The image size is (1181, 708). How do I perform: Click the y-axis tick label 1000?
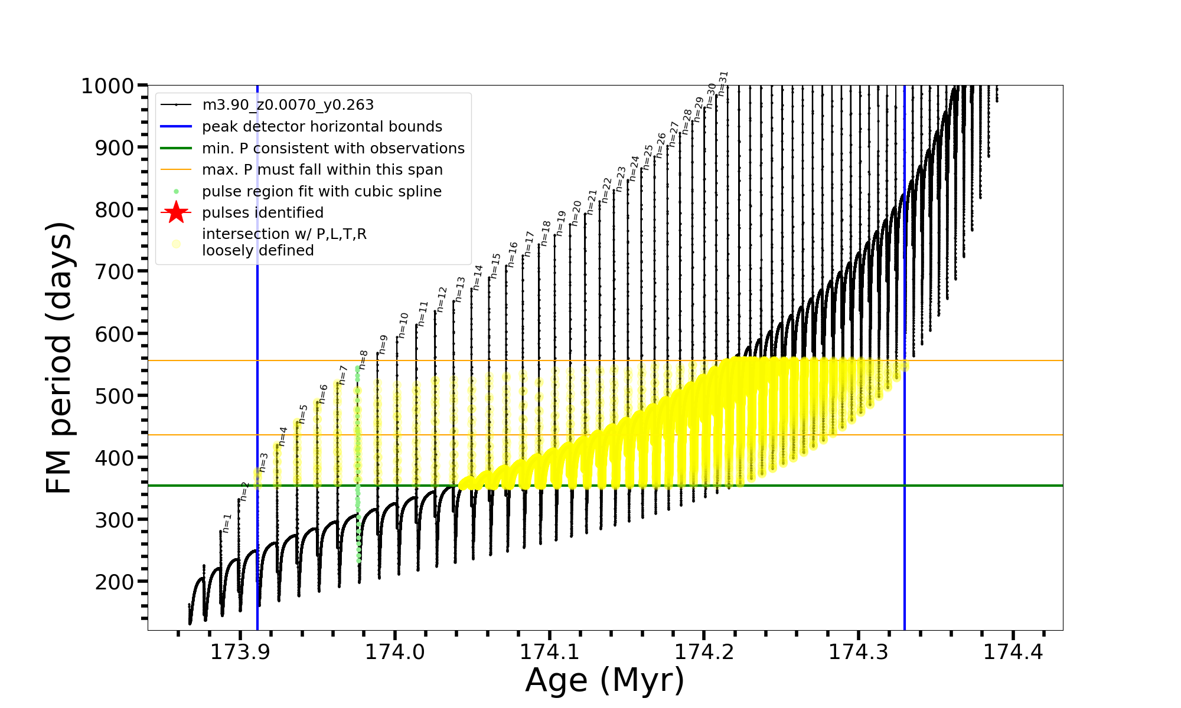click(x=107, y=86)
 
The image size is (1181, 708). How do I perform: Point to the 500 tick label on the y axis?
click(x=115, y=396)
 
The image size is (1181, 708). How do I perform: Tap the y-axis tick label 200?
click(x=115, y=582)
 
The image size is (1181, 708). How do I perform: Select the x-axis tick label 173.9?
click(x=240, y=652)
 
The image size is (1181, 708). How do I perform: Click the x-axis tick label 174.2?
click(x=704, y=652)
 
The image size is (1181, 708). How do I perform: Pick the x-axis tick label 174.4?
click(x=1013, y=652)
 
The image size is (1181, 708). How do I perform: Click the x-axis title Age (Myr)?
click(x=605, y=680)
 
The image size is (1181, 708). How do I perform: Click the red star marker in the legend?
click(x=176, y=212)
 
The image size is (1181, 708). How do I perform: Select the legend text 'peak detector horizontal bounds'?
click(x=322, y=127)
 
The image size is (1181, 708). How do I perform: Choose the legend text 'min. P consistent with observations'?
click(x=333, y=149)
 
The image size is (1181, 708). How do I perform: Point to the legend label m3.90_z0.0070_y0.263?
click(x=288, y=105)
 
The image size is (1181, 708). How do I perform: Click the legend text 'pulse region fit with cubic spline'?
click(x=321, y=192)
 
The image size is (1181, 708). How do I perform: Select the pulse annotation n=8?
click(x=364, y=359)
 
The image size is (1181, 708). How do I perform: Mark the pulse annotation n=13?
click(x=461, y=289)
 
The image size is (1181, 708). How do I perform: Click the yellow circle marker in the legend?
click(x=176, y=243)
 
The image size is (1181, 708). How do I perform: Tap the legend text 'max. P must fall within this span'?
click(x=322, y=170)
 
